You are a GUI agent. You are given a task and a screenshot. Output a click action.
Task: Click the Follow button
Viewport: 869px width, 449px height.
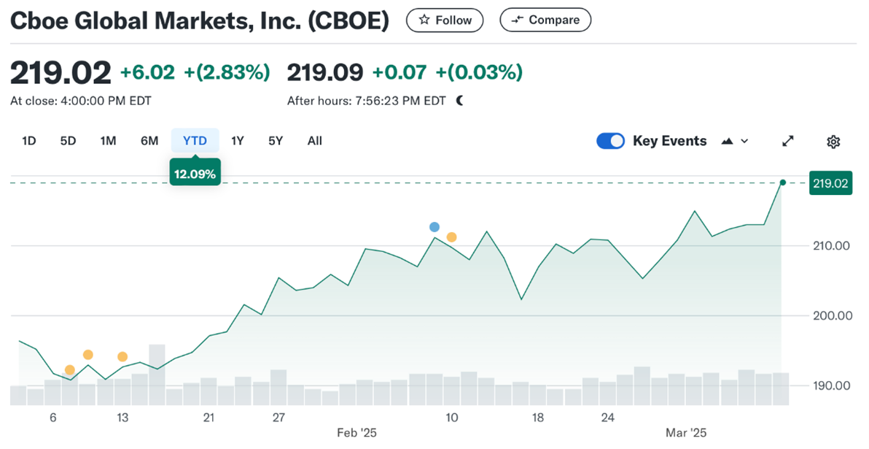tap(444, 20)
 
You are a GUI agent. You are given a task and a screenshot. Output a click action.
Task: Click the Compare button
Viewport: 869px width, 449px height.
tap(545, 20)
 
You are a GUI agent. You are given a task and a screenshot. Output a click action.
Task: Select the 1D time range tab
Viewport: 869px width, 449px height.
tap(29, 141)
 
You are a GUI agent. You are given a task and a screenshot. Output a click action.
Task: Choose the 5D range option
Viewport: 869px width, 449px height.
tap(68, 141)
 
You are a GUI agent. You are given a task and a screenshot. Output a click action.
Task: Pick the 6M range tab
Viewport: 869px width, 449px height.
tap(149, 141)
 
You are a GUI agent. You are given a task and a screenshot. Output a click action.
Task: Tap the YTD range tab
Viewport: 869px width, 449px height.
tap(195, 141)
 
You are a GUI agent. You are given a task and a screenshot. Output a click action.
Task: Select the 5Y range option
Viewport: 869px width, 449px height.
tap(276, 141)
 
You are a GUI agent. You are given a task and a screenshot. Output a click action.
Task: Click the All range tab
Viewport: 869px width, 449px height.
tap(314, 141)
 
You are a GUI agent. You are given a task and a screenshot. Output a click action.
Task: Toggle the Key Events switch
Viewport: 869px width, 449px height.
tap(610, 141)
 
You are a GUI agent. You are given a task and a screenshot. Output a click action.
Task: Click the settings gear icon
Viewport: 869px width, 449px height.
tap(833, 142)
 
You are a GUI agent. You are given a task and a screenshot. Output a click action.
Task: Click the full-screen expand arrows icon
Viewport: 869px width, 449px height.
tap(788, 142)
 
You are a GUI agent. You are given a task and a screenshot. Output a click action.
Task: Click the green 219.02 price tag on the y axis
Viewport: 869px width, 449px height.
tap(830, 183)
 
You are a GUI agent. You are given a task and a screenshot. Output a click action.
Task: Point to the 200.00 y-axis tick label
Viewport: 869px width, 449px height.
tap(831, 315)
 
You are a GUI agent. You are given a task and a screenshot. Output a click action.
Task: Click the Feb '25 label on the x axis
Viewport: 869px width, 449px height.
tap(357, 433)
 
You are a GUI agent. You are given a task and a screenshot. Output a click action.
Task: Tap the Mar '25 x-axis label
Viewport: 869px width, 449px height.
tap(686, 433)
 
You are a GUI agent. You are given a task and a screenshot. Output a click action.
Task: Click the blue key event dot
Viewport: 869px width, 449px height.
tap(434, 227)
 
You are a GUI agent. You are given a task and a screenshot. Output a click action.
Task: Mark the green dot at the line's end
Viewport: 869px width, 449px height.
tap(782, 183)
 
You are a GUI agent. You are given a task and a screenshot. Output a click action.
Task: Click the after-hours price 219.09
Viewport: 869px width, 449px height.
tap(325, 72)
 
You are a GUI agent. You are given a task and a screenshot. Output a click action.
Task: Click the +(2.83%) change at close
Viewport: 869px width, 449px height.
tap(227, 72)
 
